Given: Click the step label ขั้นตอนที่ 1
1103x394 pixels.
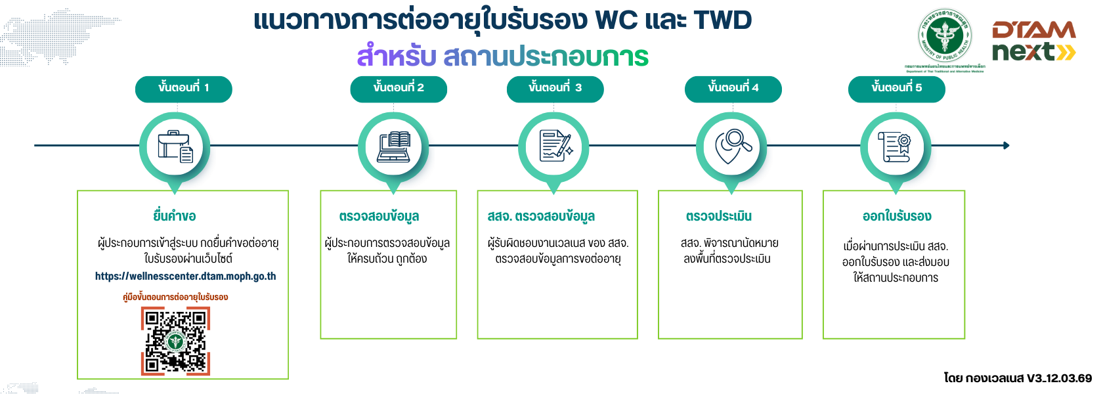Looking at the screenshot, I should [x=183, y=89].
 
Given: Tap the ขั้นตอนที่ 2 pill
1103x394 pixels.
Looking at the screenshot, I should [x=399, y=89].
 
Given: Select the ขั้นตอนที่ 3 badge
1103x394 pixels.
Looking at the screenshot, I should [x=555, y=89].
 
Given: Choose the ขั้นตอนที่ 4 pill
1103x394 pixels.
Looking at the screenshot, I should [x=733, y=89].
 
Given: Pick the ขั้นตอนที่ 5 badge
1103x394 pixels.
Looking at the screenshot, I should [x=896, y=89].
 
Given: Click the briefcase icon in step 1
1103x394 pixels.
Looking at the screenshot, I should [x=175, y=146].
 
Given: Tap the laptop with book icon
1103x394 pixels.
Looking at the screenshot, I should [x=393, y=146].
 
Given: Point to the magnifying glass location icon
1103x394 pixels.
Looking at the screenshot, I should [x=731, y=146].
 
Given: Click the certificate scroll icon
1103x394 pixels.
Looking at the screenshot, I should [x=896, y=146].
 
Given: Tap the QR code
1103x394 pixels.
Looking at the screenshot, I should [x=175, y=341].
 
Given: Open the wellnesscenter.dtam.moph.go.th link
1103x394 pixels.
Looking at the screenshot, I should [x=185, y=276].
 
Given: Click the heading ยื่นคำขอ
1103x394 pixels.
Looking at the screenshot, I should [x=175, y=216].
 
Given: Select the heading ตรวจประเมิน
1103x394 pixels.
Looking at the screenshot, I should [x=718, y=216].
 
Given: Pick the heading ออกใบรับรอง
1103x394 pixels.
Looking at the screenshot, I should [x=896, y=216].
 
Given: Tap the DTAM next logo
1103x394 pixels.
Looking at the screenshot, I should [x=1033, y=41].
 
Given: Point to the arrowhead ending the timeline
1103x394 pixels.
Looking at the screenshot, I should [x=1006, y=145].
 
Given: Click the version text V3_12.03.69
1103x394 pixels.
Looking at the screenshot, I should [x=1059, y=378].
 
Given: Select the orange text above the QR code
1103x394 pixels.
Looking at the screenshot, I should [x=175, y=297].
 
